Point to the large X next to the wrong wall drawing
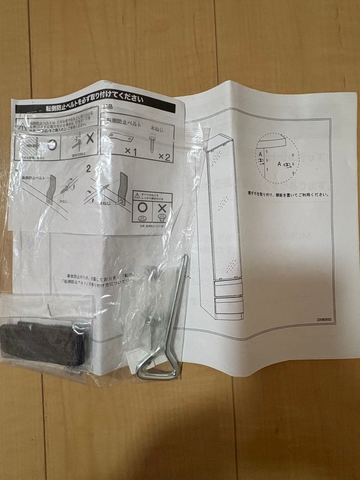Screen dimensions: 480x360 pos(89,138)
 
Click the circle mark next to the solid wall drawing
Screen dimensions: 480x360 pos(52,144)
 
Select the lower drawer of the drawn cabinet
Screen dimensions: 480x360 pos(229,305)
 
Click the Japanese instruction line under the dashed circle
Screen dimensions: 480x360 pos(289,194)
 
